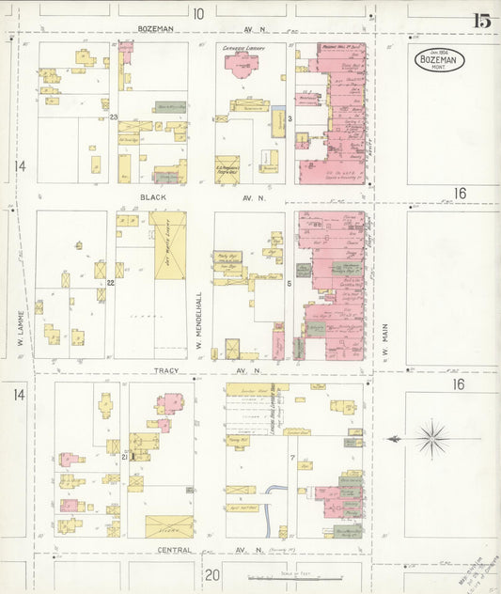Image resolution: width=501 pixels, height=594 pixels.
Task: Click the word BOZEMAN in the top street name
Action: point(155,29)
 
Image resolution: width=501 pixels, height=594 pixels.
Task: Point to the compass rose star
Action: point(432,437)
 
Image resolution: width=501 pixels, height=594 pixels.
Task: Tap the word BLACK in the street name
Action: point(153,198)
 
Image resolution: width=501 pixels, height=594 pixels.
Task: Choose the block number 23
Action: point(113,117)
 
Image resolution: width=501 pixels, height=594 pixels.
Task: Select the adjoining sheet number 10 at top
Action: point(198,13)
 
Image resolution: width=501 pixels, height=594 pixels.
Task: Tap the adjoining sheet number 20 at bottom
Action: point(211,574)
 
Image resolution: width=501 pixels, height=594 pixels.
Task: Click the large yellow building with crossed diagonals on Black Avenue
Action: point(168,245)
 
